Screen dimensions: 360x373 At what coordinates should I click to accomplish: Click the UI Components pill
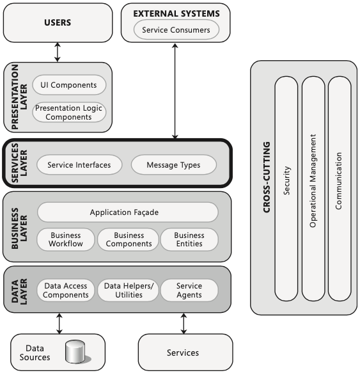point(69,85)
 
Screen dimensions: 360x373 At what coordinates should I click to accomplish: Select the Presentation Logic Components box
point(69,112)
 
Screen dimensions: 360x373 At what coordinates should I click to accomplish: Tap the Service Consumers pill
point(176,29)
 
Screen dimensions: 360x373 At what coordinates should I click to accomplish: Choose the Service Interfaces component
point(79,164)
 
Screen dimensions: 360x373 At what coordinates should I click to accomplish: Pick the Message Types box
point(173,164)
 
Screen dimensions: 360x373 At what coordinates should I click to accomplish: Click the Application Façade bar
point(127,212)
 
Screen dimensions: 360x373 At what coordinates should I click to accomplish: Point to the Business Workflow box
point(66,239)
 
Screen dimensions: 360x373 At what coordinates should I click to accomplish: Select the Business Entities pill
point(189,239)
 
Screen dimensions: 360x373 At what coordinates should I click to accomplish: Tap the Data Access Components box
point(66,290)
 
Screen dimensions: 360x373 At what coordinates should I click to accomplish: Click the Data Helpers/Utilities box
point(128,290)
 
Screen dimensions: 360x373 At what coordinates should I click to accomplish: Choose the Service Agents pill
point(189,290)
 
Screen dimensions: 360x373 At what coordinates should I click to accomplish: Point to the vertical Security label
point(287,180)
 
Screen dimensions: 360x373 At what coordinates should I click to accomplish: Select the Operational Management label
point(313,181)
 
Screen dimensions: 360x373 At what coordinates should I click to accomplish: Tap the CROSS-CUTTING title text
point(267,177)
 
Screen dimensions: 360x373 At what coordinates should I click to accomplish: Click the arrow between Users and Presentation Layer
point(58,52)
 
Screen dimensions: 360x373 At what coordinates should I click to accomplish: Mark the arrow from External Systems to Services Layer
point(175,91)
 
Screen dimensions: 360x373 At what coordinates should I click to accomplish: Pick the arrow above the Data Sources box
point(59,323)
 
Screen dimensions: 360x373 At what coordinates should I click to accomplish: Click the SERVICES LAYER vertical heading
point(19,163)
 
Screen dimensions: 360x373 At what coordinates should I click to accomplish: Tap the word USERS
point(58,22)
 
